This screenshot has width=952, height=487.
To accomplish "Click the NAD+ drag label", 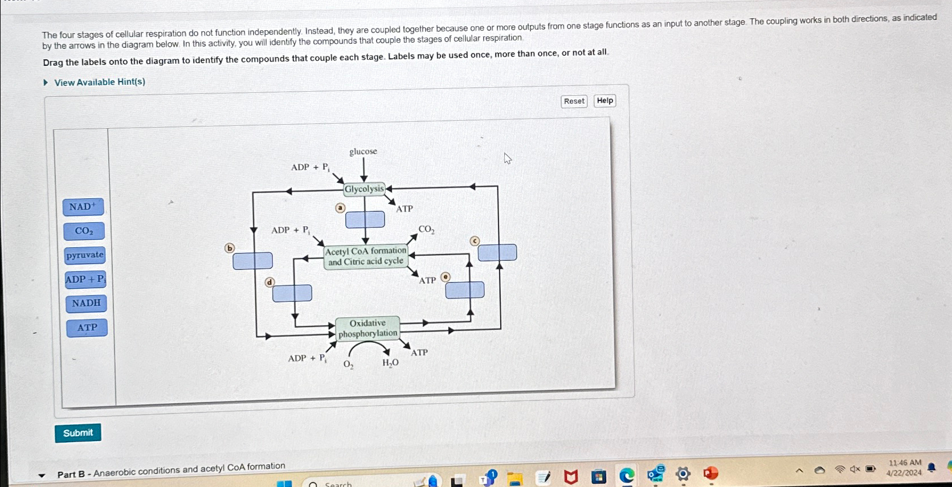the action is point(83,207).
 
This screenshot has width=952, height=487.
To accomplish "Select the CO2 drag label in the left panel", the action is point(84,231).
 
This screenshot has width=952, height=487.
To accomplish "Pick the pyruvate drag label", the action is point(85,255).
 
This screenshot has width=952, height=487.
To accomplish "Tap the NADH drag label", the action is point(86,303).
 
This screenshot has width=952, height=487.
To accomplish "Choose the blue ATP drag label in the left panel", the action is point(87,328).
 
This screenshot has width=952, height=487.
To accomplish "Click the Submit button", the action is point(78,433).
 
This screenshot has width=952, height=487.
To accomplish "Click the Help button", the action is point(604,101).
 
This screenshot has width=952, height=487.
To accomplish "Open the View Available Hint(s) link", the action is point(99,82).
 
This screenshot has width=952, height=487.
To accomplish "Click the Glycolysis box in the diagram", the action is point(364,189).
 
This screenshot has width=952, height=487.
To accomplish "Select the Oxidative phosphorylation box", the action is point(367,329).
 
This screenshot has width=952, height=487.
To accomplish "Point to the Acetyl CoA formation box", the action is point(366,256).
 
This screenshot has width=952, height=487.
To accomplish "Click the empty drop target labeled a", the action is point(365,219).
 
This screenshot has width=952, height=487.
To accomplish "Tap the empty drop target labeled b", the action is point(252,261).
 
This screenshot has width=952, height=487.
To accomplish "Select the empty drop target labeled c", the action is point(497,252).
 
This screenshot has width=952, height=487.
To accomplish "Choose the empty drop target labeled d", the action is point(292,293).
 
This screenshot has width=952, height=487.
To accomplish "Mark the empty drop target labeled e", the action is point(465,290).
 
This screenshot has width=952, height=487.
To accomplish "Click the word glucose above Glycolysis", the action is point(363,152).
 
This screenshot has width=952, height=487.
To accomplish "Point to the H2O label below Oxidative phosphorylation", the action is point(390,363).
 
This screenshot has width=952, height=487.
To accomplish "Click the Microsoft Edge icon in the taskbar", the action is point(627,476).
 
